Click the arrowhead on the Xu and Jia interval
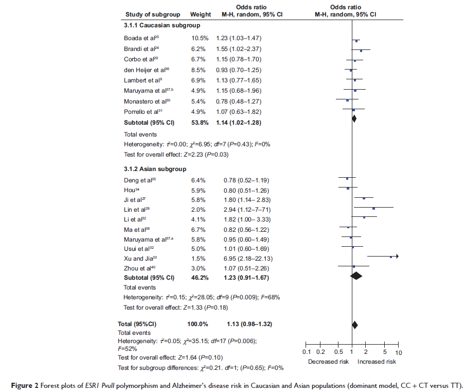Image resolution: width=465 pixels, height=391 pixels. click(397, 256)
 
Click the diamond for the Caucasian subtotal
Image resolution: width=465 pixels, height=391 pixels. click(354, 118)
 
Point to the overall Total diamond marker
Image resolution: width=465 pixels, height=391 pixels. click(354, 325)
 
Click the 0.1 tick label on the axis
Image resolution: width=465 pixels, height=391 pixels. click(306, 352)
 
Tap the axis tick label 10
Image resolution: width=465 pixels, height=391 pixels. click(399, 352)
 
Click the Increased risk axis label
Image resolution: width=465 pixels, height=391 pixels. click(377, 362)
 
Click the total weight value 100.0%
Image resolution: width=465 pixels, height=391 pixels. click(197, 324)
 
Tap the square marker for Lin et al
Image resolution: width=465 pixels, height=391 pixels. click(374, 208)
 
